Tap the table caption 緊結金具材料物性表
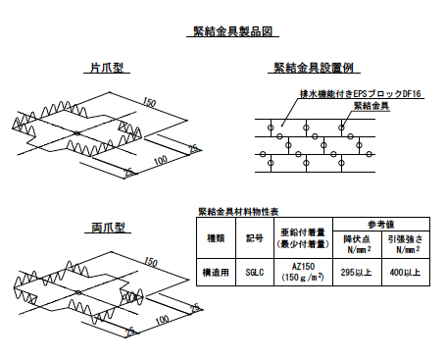[238, 211]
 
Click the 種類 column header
[216, 236]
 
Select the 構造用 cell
[216, 271]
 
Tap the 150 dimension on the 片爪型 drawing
[149, 103]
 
